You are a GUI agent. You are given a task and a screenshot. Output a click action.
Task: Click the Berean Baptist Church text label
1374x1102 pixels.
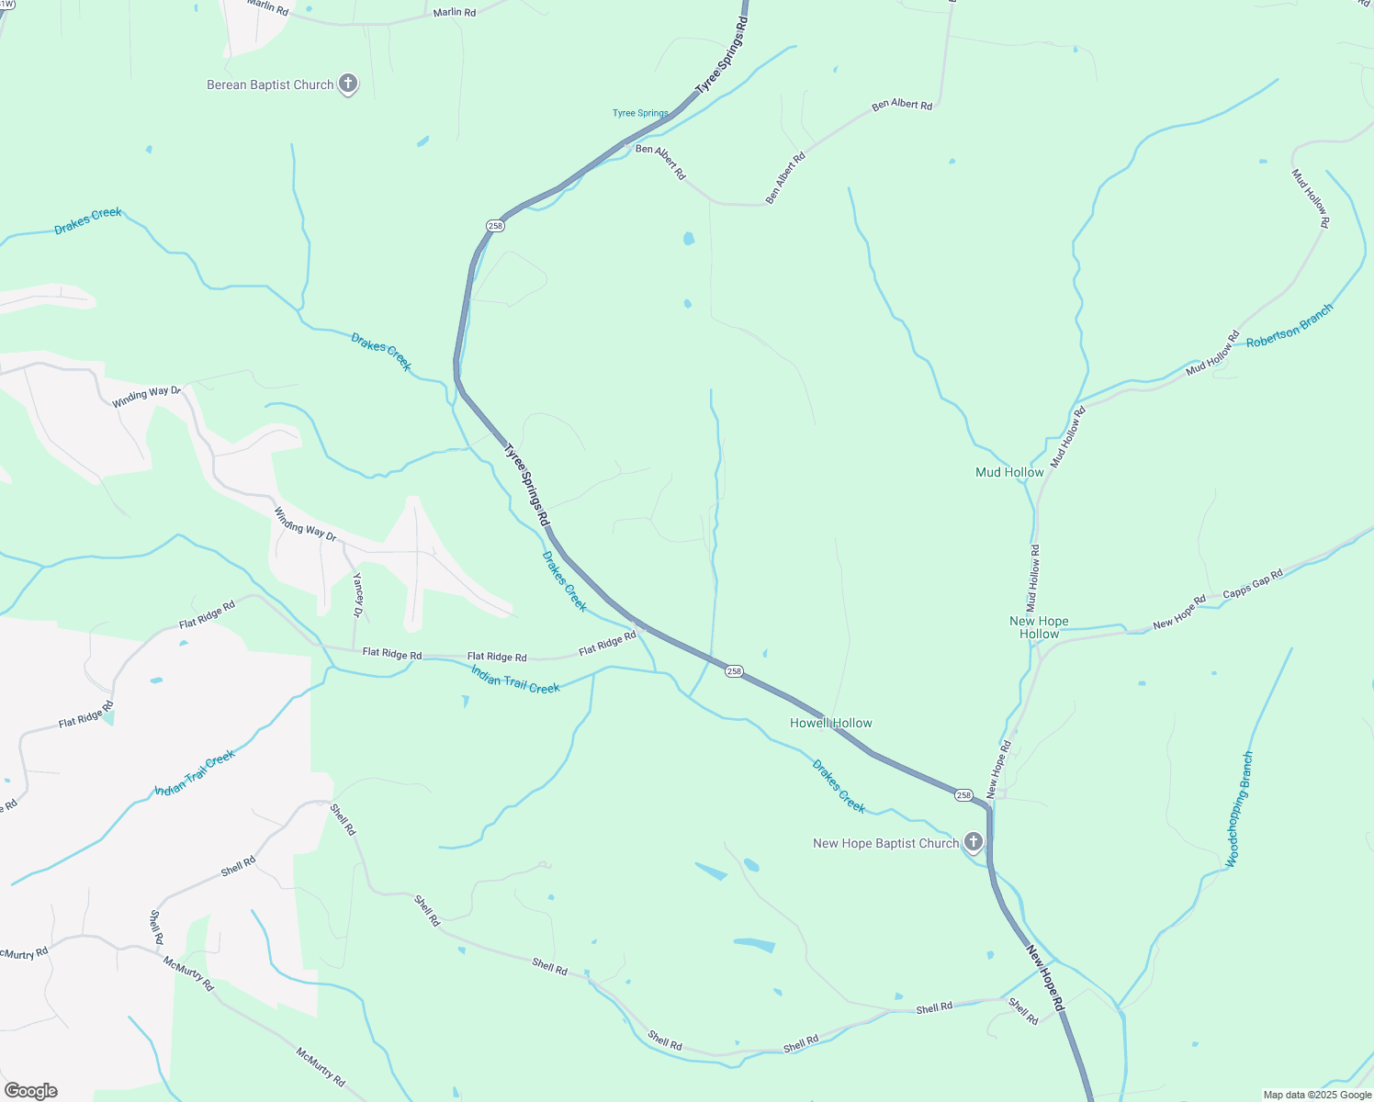click(x=270, y=85)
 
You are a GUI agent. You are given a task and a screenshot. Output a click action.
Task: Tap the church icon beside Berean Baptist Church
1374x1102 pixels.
click(x=348, y=84)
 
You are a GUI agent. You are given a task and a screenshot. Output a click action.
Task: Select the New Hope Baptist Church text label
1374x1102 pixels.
click(x=885, y=844)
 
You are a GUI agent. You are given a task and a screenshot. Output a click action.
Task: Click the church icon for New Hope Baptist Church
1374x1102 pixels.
click(x=974, y=842)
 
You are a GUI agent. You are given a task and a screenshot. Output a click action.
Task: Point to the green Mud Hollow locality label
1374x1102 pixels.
click(x=1009, y=473)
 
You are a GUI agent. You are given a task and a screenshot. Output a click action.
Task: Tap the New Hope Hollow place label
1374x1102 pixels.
click(x=1039, y=628)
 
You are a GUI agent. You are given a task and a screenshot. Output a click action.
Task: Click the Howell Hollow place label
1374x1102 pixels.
click(x=831, y=724)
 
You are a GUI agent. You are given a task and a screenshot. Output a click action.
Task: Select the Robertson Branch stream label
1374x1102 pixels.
click(x=1289, y=326)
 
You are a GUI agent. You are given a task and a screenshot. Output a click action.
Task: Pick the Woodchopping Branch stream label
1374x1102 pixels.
click(x=1240, y=809)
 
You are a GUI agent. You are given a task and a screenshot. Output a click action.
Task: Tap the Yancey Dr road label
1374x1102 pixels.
click(x=358, y=595)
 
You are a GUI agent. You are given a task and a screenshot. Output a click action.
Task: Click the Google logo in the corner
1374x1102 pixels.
click(x=31, y=1091)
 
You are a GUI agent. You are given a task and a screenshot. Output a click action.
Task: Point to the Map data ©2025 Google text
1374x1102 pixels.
click(x=1317, y=1095)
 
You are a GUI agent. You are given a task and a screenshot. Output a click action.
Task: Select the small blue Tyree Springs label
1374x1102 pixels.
click(x=640, y=114)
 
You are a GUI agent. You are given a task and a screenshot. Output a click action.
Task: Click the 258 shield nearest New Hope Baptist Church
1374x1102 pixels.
click(x=963, y=795)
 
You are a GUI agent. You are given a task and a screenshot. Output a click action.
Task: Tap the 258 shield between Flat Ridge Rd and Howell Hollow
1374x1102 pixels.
click(x=733, y=671)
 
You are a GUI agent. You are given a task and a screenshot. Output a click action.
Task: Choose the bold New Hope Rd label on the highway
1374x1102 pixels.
click(x=1044, y=978)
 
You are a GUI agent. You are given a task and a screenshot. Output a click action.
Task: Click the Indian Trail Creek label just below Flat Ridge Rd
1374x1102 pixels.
click(x=515, y=680)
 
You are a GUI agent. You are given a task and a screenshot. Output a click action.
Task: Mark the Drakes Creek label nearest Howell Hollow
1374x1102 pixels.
click(x=839, y=786)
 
